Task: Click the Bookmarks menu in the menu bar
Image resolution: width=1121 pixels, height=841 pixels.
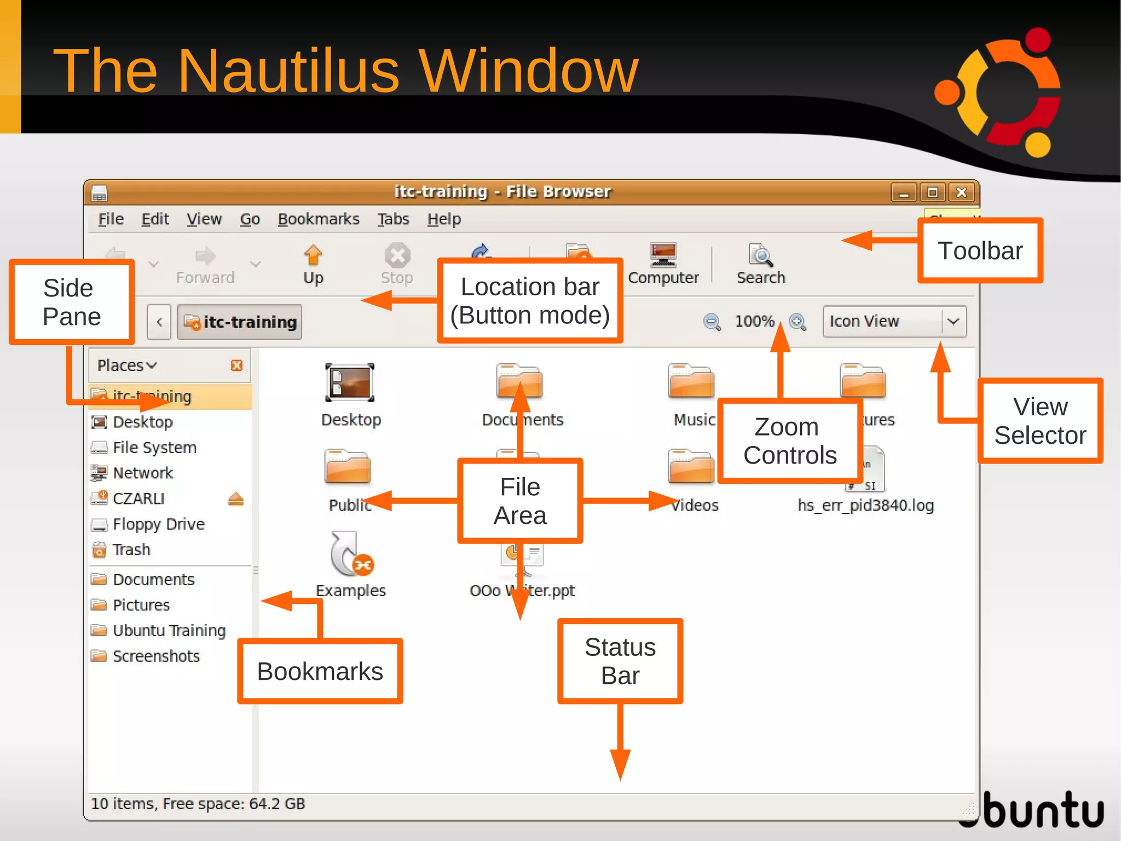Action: point(319,219)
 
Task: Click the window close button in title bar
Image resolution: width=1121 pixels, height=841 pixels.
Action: point(961,192)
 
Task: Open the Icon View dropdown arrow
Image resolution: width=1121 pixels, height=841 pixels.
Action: point(954,321)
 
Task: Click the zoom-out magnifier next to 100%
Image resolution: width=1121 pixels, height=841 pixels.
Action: point(712,322)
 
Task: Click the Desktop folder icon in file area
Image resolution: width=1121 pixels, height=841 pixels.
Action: point(350,383)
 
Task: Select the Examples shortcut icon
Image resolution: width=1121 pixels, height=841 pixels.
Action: point(351,554)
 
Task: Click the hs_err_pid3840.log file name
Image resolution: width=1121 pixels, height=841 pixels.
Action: point(865,505)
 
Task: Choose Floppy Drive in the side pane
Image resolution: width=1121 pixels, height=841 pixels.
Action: point(158,524)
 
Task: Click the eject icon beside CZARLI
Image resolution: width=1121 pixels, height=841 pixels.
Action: point(235,499)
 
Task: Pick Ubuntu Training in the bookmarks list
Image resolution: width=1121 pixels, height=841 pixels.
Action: point(169,631)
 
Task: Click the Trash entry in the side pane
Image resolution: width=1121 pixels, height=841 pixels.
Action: point(131,550)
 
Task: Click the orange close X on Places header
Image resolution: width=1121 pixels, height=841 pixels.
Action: point(236,365)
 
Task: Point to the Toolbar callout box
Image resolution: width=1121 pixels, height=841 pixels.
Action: point(980,251)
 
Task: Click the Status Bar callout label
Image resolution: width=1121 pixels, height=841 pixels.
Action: point(620,661)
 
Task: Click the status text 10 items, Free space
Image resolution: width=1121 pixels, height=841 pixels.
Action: point(198,804)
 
